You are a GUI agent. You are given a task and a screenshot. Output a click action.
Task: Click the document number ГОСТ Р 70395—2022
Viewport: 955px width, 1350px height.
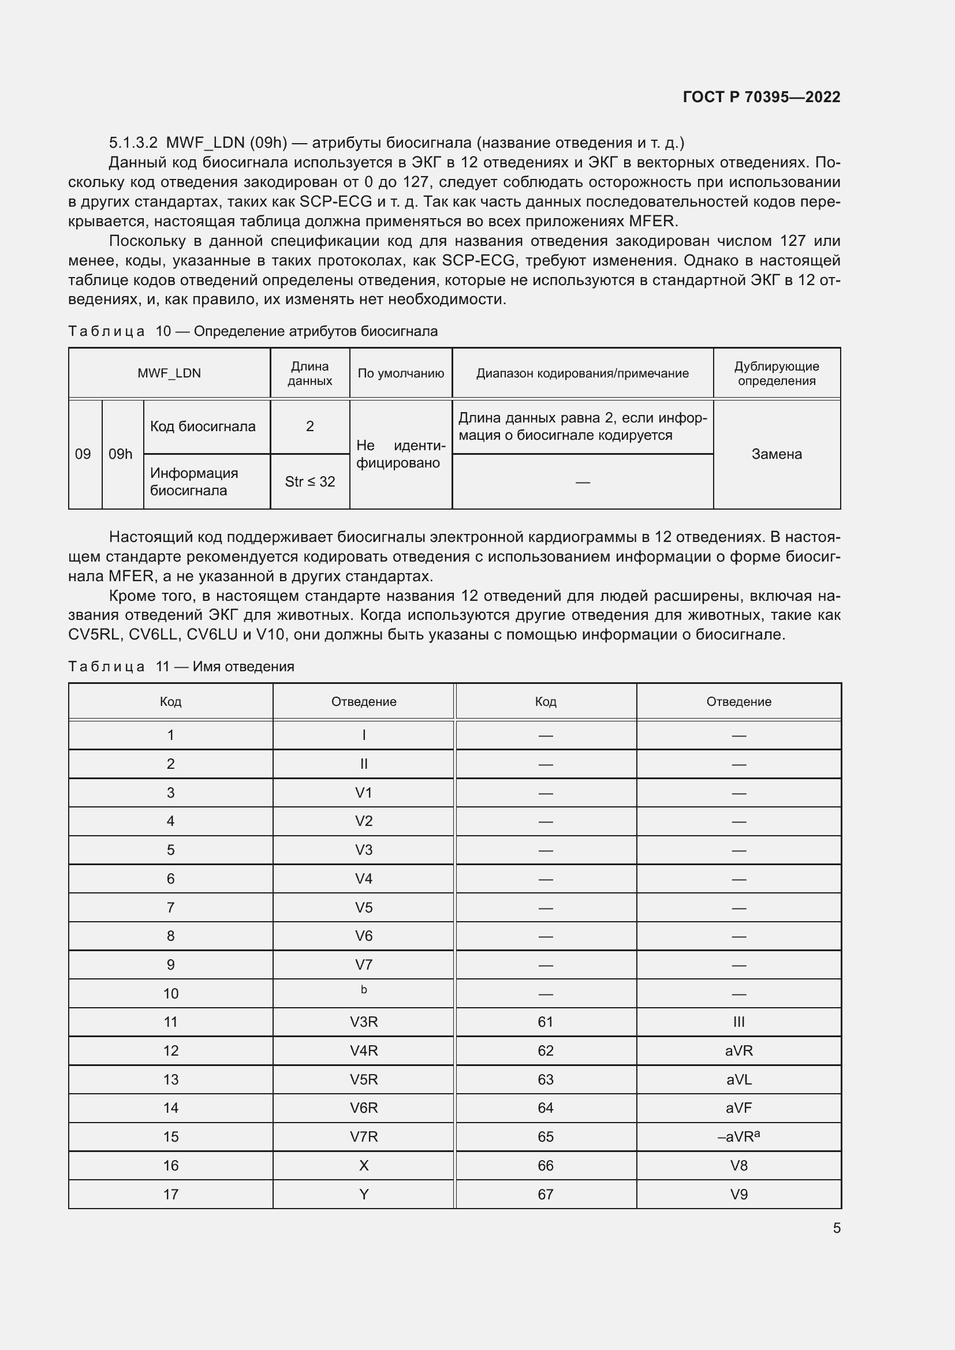pyautogui.click(x=761, y=97)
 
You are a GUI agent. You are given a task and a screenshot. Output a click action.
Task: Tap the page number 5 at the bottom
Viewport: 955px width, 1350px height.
pyautogui.click(x=836, y=1228)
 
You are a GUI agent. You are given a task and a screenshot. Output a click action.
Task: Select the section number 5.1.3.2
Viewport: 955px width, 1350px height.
pyautogui.click(x=133, y=143)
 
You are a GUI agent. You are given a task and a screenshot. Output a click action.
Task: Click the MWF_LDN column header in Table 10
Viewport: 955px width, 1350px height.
pyautogui.click(x=169, y=373)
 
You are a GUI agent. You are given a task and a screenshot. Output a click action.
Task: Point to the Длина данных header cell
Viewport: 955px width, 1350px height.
pyautogui.click(x=310, y=373)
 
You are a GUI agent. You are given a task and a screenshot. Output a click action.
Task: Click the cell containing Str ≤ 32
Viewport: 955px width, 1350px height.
pyautogui.click(x=310, y=481)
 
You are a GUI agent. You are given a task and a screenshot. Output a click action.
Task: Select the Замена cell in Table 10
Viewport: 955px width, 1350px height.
pyautogui.click(x=776, y=454)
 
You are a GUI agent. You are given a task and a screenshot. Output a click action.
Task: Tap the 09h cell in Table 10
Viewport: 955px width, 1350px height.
pyautogui.click(x=121, y=454)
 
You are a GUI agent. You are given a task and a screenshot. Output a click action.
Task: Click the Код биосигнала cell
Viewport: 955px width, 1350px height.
pyautogui.click(x=203, y=427)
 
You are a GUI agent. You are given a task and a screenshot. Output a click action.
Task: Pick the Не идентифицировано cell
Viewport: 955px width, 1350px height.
pyautogui.click(x=401, y=454)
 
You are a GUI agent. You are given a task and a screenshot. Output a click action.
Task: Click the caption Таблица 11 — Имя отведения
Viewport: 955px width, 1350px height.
pyautogui.click(x=181, y=666)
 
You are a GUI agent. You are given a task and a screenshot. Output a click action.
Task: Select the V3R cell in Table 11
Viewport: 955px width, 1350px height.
pyautogui.click(x=363, y=1022)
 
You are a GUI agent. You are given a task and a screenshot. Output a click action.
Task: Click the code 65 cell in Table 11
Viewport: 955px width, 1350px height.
pyautogui.click(x=545, y=1136)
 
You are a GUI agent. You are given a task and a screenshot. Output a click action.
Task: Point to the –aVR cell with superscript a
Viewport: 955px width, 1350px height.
pyautogui.click(x=738, y=1136)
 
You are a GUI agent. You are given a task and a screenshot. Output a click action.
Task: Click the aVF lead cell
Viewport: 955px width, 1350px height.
pyautogui.click(x=738, y=1108)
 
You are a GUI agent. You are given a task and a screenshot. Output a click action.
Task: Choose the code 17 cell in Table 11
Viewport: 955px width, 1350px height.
pyautogui.click(x=170, y=1194)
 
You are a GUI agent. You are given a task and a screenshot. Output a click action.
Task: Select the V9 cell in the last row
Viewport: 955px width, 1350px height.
pyautogui.click(x=738, y=1194)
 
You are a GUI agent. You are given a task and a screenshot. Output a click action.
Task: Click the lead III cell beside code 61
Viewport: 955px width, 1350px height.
pyautogui.click(x=738, y=1022)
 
